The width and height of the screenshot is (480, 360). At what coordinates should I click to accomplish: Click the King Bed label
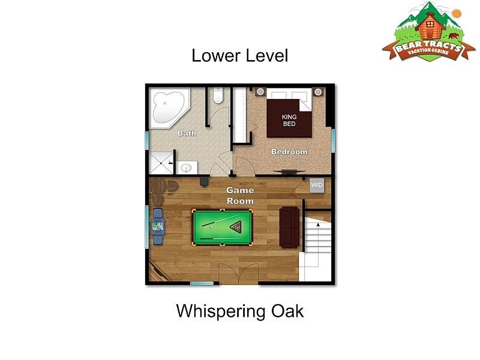(x=289, y=121)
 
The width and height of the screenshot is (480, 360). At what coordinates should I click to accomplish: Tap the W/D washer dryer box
(x=317, y=185)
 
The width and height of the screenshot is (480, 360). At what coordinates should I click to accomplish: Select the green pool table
(x=222, y=227)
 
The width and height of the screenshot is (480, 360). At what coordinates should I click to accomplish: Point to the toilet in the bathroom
(x=218, y=95)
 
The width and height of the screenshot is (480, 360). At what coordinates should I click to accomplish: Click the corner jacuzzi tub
(x=169, y=108)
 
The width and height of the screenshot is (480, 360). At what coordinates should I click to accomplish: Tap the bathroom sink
(x=186, y=168)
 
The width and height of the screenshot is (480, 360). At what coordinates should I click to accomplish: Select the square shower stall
(x=161, y=163)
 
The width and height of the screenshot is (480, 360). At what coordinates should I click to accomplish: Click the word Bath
(x=187, y=133)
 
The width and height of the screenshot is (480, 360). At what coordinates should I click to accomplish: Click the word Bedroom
(x=289, y=152)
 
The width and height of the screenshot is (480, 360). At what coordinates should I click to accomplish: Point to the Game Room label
(x=240, y=196)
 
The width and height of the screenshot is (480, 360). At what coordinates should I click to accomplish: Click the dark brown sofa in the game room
(x=289, y=227)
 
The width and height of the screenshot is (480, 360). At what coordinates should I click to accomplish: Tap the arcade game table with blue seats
(x=158, y=227)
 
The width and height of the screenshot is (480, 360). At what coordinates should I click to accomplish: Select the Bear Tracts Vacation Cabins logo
(x=429, y=32)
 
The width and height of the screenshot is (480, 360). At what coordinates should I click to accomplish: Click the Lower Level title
(x=240, y=56)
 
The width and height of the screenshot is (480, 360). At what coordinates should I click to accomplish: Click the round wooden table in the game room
(x=158, y=186)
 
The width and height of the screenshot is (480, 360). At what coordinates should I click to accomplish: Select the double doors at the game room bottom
(x=238, y=274)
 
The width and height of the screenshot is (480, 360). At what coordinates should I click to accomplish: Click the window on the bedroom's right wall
(x=333, y=141)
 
